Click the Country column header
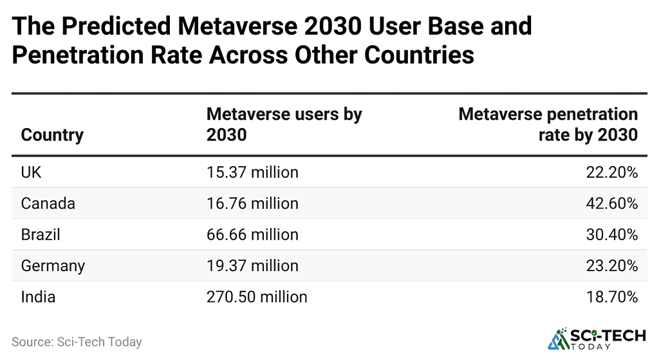pyautogui.click(x=52, y=135)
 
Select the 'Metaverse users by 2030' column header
pyautogui.click(x=284, y=124)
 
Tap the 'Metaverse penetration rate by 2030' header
pyautogui.click(x=548, y=124)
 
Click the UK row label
pyautogui.click(x=32, y=172)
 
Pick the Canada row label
pyautogui.click(x=48, y=204)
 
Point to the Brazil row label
pyautogui.click(x=41, y=234)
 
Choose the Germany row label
pyautogui.click(x=53, y=265)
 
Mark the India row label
pyautogui.click(x=38, y=297)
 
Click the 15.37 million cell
pyautogui.click(x=252, y=172)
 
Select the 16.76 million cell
pyautogui.click(x=252, y=204)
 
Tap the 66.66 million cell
pyautogui.click(x=252, y=234)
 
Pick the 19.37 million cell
pyautogui.click(x=252, y=265)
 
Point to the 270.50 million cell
pyautogui.click(x=257, y=297)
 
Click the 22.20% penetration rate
pyautogui.click(x=614, y=172)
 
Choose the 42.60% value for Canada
pyautogui.click(x=614, y=204)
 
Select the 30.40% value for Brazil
pyautogui.click(x=614, y=234)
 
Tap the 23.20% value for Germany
pyautogui.click(x=614, y=265)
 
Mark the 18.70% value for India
pyautogui.click(x=614, y=297)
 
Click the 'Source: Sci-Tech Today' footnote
pyautogui.click(x=77, y=342)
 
